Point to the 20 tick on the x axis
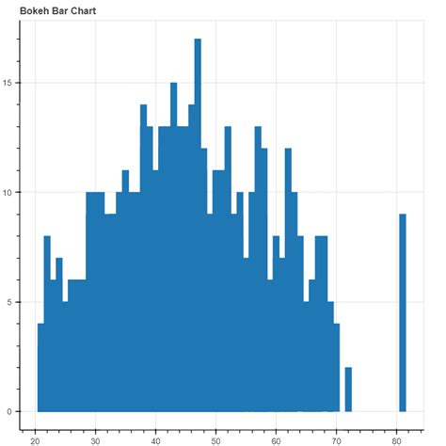(x=35, y=438)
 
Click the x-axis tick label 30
(x=95, y=438)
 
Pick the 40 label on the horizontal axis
(x=155, y=438)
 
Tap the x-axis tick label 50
(x=215, y=438)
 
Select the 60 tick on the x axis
(x=276, y=438)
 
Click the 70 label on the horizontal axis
(x=336, y=438)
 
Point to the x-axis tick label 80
(x=396, y=438)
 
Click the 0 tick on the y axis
(x=9, y=411)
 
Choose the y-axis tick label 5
(x=9, y=302)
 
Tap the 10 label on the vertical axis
(x=8, y=193)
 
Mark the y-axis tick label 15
(x=8, y=83)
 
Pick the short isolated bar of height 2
(x=348, y=390)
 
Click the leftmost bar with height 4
(x=40, y=367)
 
